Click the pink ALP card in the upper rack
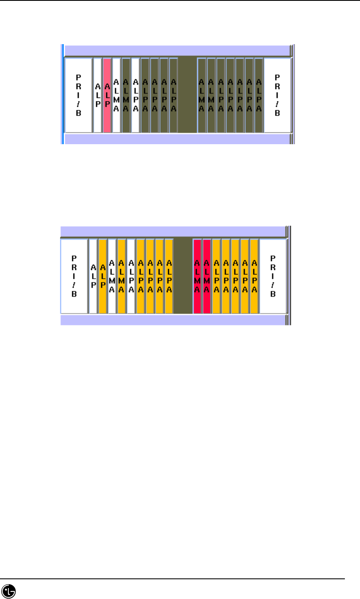click(107, 95)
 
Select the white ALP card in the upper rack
click(97, 95)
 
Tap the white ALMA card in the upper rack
click(117, 95)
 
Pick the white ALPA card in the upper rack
click(135, 95)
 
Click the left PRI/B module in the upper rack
click(78, 95)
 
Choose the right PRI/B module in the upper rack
click(277, 95)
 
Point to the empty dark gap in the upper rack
click(187, 95)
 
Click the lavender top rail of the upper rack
click(176, 51)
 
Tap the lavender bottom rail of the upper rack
click(176, 139)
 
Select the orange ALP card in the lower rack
click(102, 276)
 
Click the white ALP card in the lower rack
click(93, 276)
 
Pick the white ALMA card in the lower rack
click(112, 276)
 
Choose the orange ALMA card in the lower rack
click(121, 276)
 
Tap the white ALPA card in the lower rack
click(131, 276)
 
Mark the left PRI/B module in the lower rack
click(74, 276)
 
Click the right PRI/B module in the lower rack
click(273, 276)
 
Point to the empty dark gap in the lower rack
click(183, 276)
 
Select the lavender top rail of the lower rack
click(172, 232)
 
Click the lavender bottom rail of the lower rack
click(172, 320)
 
